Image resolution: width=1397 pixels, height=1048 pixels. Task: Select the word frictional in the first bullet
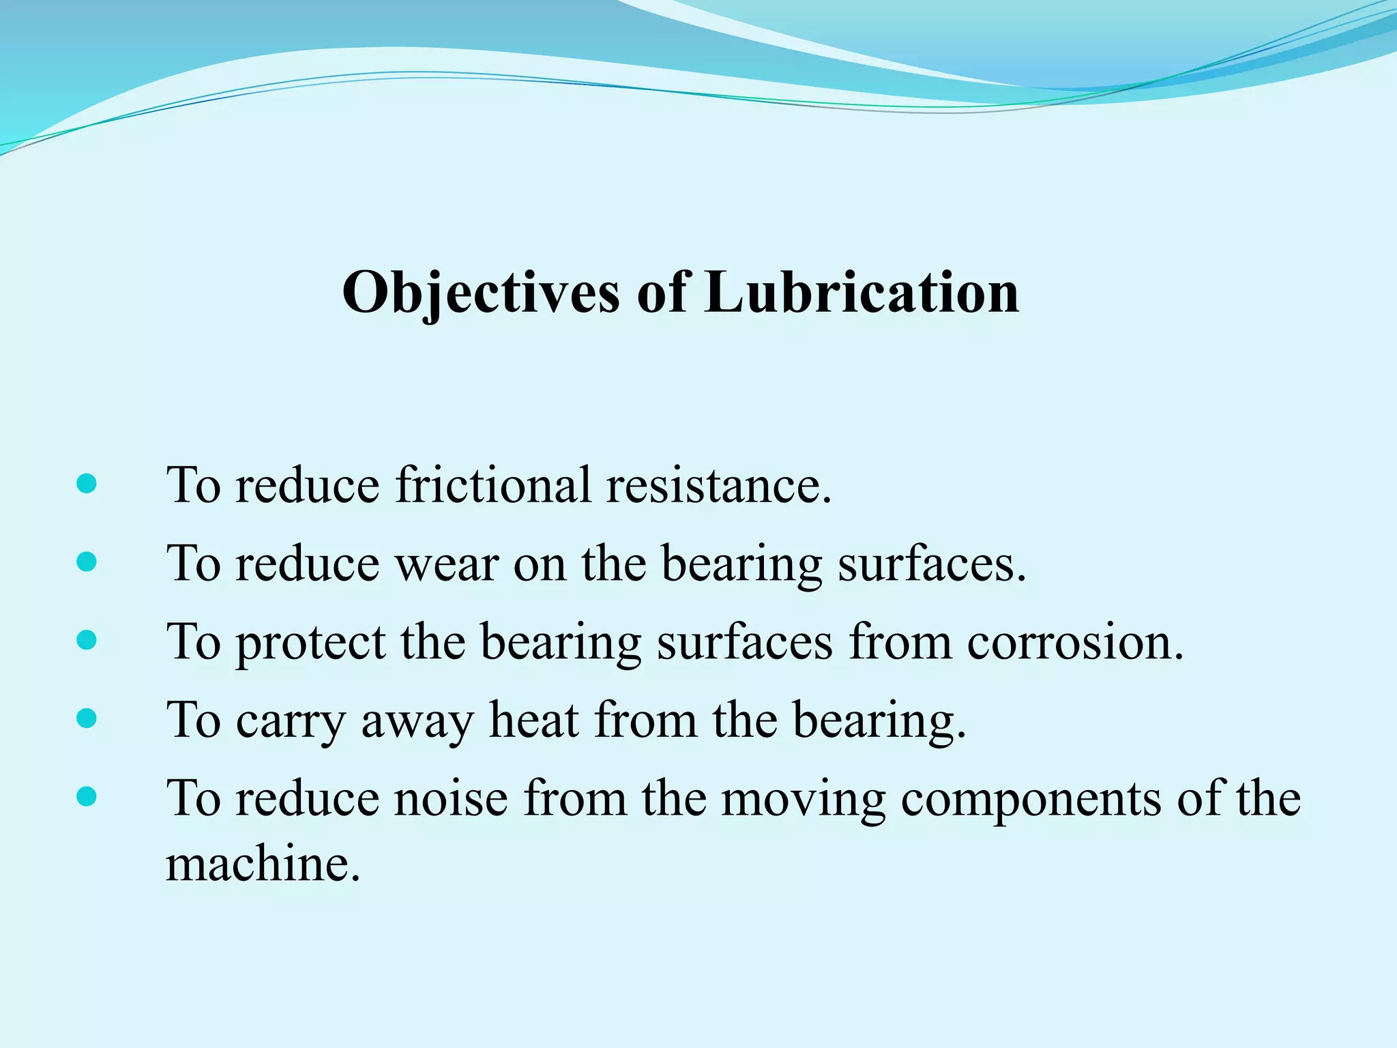[494, 485]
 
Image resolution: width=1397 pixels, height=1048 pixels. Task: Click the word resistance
[719, 485]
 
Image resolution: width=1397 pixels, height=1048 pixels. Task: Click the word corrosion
[1075, 642]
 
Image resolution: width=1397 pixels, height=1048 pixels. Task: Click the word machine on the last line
[263, 864]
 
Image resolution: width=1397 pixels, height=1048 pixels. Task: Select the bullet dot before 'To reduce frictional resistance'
[87, 484]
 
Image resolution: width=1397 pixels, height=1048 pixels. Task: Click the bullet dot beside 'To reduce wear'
[87, 562]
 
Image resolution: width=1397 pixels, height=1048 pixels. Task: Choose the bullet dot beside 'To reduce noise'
[87, 796]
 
